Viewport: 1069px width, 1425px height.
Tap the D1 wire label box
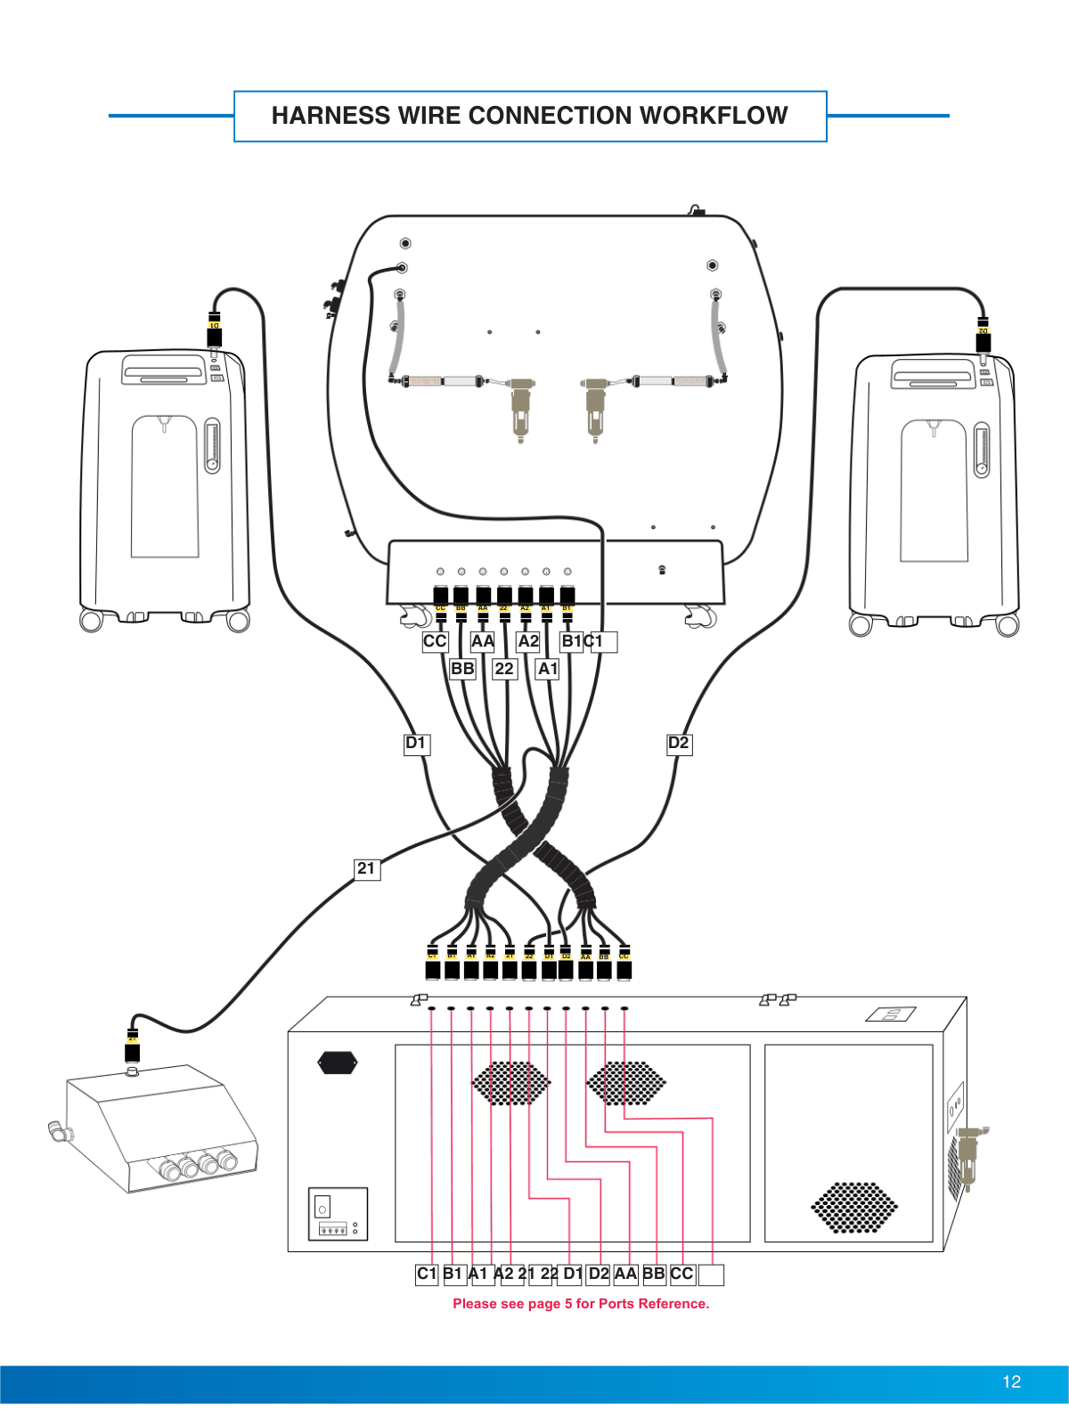pos(416,744)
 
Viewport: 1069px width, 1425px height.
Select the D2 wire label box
pos(679,744)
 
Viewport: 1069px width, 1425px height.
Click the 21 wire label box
pos(366,868)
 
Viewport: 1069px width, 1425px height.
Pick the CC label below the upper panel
pos(435,641)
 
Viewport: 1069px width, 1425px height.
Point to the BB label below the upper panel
pos(462,669)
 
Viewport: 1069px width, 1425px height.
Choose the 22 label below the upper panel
pos(504,669)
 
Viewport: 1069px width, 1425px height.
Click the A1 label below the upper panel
pos(547,669)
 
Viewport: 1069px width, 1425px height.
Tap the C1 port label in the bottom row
pos(427,1274)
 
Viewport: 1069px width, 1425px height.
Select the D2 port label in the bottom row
pos(599,1274)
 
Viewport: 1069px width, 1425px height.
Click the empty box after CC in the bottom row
pos(711,1274)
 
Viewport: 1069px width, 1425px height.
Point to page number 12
pos(1011,1381)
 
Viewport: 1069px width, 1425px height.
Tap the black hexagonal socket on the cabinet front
pos(338,1062)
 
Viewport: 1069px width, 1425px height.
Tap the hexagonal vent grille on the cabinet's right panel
pos(853,1208)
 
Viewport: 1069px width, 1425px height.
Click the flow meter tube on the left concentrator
pos(212,446)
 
